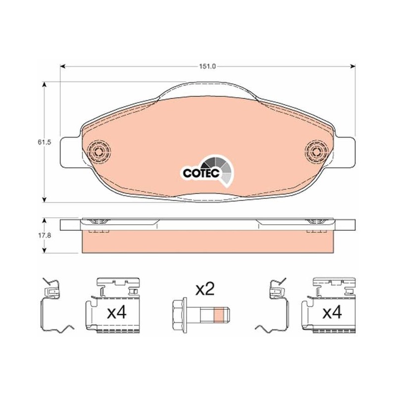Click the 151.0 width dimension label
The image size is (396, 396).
pyautogui.click(x=207, y=67)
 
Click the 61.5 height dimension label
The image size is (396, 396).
pyautogui.click(x=45, y=142)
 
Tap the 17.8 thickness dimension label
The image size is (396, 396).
pyautogui.click(x=45, y=236)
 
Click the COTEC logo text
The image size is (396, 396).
pyautogui.click(x=201, y=173)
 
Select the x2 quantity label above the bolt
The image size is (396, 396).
pyautogui.click(x=205, y=290)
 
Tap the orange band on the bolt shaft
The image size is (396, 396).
pyautogui.click(x=219, y=314)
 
